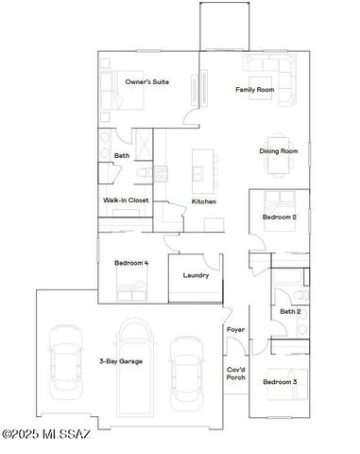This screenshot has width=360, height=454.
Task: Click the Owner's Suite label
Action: pyautogui.click(x=147, y=83)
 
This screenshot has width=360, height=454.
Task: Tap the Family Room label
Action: pyautogui.click(x=255, y=90)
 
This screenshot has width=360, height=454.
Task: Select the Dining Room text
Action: pyautogui.click(x=279, y=151)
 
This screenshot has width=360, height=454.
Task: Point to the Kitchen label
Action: pyautogui.click(x=204, y=202)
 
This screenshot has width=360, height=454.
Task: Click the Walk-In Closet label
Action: pyautogui.click(x=126, y=201)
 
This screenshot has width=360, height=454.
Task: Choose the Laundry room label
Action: pyautogui.click(x=196, y=275)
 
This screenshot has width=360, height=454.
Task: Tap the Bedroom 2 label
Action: pyautogui.click(x=281, y=218)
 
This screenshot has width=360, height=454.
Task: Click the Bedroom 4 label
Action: pyautogui.click(x=131, y=263)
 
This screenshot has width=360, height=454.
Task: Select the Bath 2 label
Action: pyautogui.click(x=290, y=310)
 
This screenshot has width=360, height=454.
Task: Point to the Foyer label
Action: pyautogui.click(x=235, y=329)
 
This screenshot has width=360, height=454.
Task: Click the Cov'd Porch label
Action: pyautogui.click(x=235, y=375)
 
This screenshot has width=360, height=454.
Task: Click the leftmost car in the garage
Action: pyautogui.click(x=63, y=359)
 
